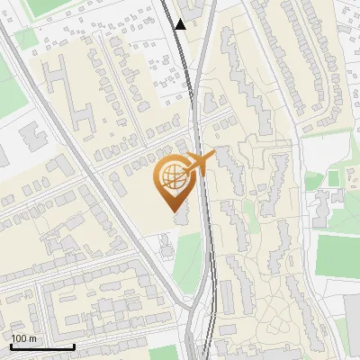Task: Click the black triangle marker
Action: click(x=181, y=24)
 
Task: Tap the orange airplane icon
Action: click(x=199, y=163)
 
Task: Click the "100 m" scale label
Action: click(x=23, y=337)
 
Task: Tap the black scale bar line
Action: click(x=42, y=346)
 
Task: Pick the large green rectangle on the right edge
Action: click(x=339, y=256)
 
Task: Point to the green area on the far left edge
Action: click(x=7, y=76)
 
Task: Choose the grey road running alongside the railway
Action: click(x=205, y=108)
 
